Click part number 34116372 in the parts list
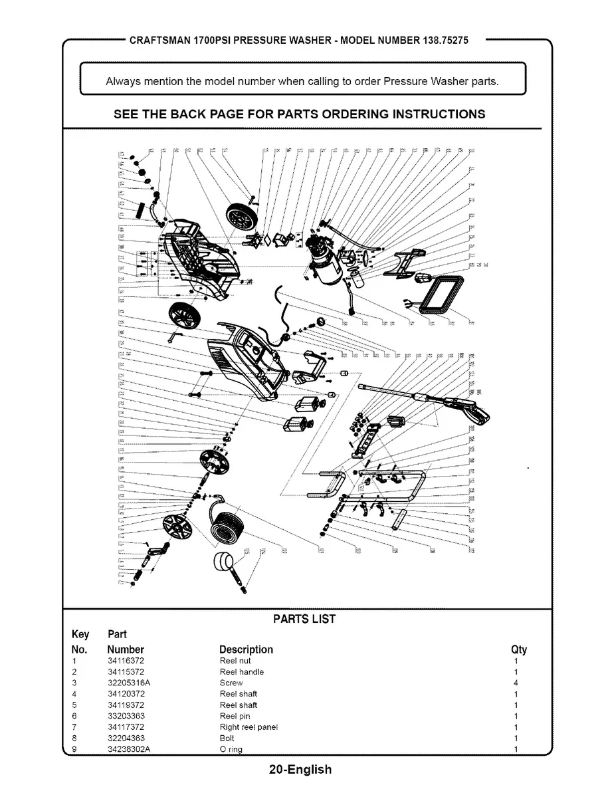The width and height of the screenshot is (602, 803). [x=126, y=661]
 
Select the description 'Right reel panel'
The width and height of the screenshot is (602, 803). [x=248, y=727]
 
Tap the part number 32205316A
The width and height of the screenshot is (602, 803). [x=129, y=683]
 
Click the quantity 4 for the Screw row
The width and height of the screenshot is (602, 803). [x=516, y=683]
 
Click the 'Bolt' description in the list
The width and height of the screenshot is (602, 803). [x=227, y=738]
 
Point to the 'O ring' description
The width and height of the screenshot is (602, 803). [x=231, y=749]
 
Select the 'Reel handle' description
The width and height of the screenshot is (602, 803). [x=241, y=672]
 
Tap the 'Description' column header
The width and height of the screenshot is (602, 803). [x=246, y=649]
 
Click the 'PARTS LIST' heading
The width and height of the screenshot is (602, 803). [x=304, y=619]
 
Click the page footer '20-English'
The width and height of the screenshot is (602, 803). [x=300, y=770]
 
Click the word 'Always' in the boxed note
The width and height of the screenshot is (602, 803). [x=123, y=82]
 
